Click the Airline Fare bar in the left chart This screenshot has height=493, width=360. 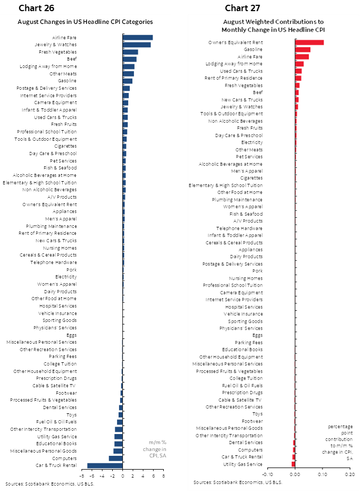coord(138,37)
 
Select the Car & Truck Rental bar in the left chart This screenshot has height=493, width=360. coord(105,465)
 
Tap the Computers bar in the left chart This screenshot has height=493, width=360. coord(115,458)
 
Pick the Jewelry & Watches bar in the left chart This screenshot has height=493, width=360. coord(137,45)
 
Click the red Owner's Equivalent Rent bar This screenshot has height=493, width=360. coord(309,42)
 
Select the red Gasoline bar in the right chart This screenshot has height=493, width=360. coord(303,49)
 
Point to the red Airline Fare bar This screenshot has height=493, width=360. coord(302,56)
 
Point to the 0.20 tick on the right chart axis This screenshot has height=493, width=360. coord(349,474)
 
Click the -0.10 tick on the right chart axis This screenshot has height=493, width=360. coord(267,474)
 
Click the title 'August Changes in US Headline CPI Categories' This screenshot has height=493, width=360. coord(85,22)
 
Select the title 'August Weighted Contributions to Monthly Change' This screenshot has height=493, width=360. coord(273,25)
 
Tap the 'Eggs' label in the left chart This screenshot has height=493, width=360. coord(71,335)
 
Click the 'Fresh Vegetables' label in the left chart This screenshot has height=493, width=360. coord(57,52)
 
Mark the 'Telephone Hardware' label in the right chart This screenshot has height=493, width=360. coord(244,228)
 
